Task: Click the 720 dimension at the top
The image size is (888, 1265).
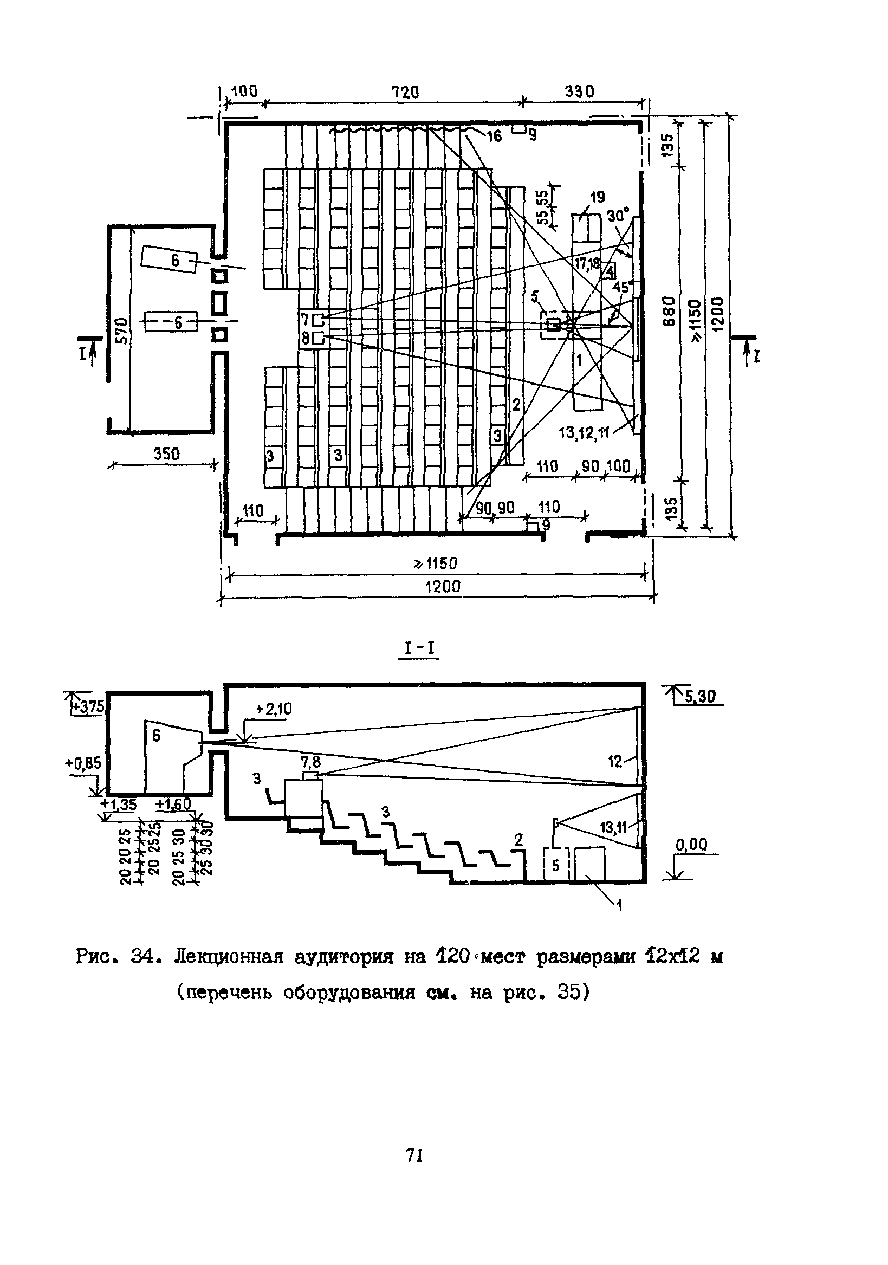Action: point(405,92)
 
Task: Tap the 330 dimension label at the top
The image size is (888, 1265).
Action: point(580,91)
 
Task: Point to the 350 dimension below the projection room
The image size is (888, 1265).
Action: point(166,454)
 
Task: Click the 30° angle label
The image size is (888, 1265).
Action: point(618,215)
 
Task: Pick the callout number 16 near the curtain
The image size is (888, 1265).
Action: point(494,136)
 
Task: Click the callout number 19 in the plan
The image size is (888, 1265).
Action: point(597,197)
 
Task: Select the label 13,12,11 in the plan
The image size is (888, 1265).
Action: point(584,433)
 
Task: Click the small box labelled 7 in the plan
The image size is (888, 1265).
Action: point(318,319)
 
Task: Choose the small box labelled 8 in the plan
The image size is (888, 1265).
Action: point(318,338)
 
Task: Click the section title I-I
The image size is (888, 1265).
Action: point(419,649)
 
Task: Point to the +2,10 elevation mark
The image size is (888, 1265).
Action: point(274,710)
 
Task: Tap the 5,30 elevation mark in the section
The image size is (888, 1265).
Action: point(699,697)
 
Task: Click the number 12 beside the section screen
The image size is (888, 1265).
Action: point(615,761)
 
